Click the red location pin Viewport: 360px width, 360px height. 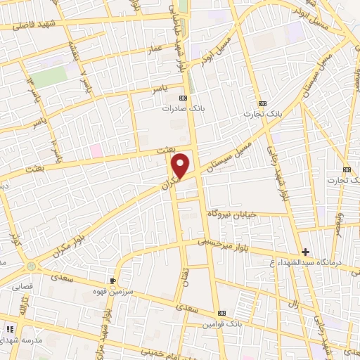click(181, 166)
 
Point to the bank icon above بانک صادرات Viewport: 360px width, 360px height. click(184, 98)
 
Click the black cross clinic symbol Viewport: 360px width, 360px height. click(305, 252)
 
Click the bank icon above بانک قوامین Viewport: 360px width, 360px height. click(222, 313)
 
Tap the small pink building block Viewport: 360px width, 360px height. click(96, 150)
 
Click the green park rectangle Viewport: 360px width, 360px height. click(48, 77)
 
